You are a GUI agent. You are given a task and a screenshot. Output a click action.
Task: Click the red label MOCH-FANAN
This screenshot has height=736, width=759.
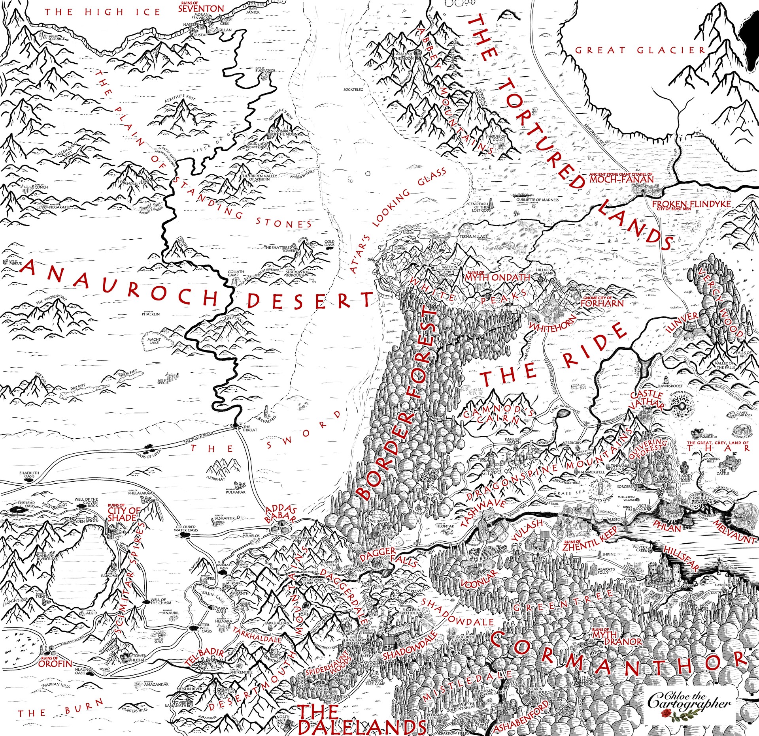point(621,179)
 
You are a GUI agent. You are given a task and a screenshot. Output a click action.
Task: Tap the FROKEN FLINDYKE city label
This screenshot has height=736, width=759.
point(691,204)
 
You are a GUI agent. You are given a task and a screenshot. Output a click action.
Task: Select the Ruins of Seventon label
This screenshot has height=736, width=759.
point(201,8)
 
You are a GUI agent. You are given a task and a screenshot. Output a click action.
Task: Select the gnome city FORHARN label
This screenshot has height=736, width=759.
point(602,302)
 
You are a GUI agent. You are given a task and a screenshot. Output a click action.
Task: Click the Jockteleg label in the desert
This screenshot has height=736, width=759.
point(353,90)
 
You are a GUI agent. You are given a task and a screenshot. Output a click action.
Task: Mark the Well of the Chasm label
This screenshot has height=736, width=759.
point(160,601)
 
